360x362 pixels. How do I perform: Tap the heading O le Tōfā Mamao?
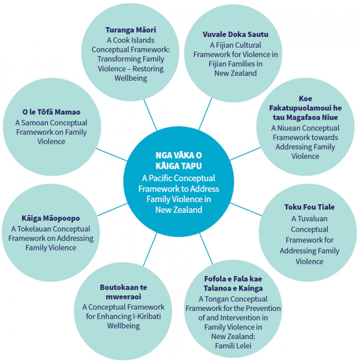tap(51, 112)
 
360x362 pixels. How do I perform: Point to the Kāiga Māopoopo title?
tap(51, 218)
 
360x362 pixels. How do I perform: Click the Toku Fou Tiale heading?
tap(309, 208)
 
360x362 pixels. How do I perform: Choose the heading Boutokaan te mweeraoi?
tap(124, 292)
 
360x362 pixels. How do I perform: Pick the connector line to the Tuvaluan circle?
tap(249, 211)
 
